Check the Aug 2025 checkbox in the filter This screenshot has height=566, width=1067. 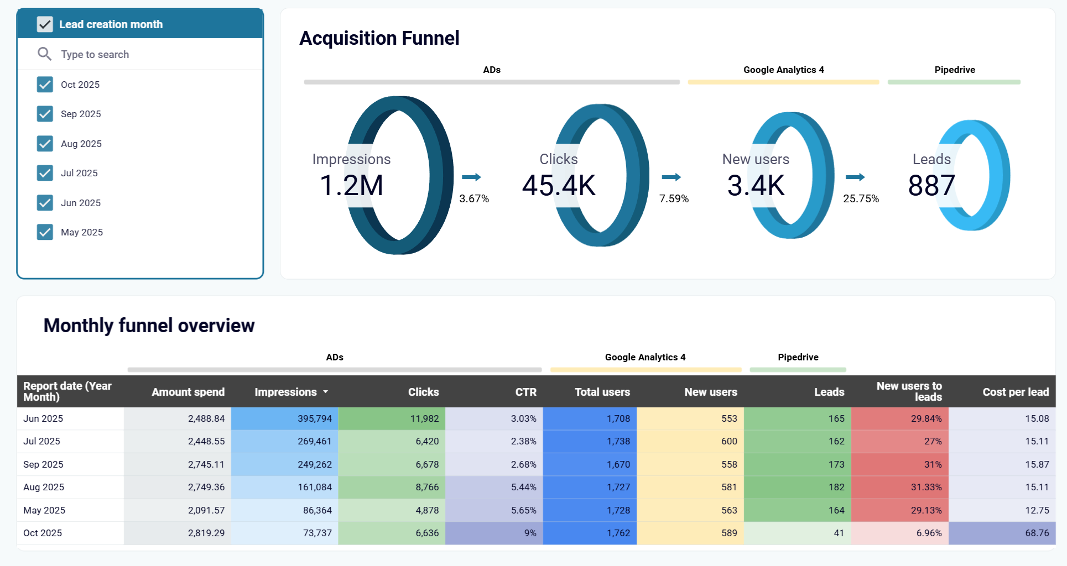point(45,144)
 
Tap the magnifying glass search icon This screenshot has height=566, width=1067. point(44,54)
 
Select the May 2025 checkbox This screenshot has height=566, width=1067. point(45,232)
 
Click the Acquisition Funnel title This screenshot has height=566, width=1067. point(379,38)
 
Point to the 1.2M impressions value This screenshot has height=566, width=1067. point(351,185)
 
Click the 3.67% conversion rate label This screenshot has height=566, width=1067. point(474,198)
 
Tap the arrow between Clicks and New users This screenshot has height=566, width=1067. point(671,177)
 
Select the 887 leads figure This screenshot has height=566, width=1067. point(931,185)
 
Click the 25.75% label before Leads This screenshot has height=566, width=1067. point(861,198)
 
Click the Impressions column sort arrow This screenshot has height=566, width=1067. point(326,392)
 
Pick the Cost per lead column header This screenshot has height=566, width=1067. point(1015,392)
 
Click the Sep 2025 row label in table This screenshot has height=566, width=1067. point(43,464)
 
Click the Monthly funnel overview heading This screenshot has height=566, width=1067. point(149,326)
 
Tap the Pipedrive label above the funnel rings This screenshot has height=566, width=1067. point(954,70)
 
